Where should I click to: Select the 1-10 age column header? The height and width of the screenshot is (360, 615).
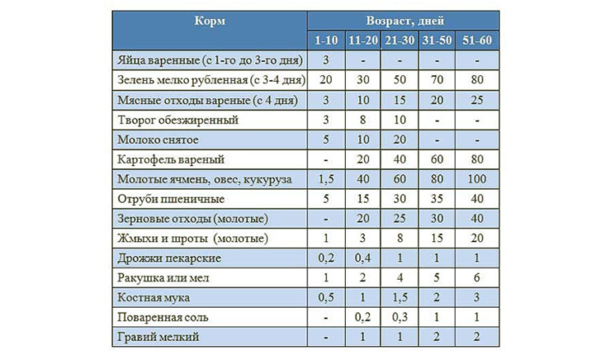coord(325,40)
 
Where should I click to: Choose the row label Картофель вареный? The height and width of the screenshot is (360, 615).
coord(171,159)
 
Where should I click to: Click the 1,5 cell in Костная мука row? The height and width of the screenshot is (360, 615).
coord(400,297)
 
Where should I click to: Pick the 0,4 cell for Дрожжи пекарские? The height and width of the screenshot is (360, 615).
coord(362,258)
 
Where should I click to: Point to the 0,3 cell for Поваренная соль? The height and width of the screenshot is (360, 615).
coord(400,317)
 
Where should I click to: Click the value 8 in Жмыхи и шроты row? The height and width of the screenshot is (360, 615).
coord(400,238)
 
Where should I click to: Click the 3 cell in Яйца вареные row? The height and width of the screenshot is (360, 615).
coord(325,60)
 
